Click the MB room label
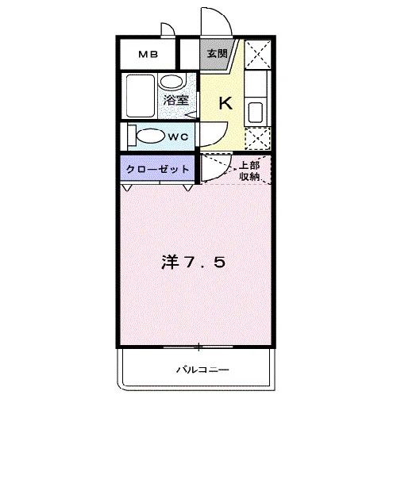(x=148, y=55)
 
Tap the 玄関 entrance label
(x=218, y=54)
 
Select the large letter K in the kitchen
(x=225, y=103)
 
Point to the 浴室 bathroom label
(x=176, y=100)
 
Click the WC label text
(x=178, y=136)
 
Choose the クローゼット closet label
(x=158, y=169)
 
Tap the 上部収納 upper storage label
(x=249, y=171)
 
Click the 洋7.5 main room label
(x=193, y=263)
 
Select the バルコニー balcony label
(x=202, y=370)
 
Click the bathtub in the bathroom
(x=141, y=96)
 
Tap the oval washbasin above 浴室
(x=172, y=82)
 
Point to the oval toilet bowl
(x=151, y=136)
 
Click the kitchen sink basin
(x=256, y=113)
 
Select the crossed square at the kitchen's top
(x=257, y=54)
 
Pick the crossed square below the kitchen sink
(x=258, y=139)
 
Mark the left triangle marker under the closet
(x=127, y=188)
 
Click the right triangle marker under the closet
(x=187, y=188)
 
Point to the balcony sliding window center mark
(x=198, y=347)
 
